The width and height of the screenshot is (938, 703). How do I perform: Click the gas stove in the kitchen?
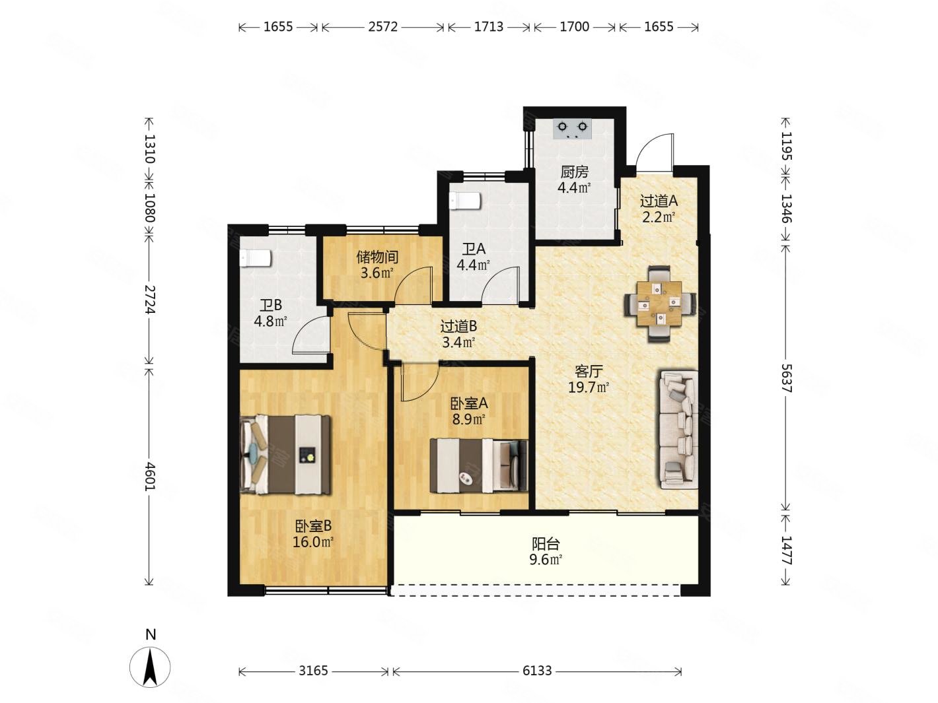[x=572, y=129]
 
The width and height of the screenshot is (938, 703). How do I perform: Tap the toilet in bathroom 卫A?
[x=465, y=201]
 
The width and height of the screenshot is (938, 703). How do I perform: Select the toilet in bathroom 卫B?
[x=256, y=258]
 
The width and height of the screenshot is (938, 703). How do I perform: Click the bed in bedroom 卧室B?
[x=285, y=455]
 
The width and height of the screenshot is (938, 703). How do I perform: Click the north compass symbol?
[x=150, y=665]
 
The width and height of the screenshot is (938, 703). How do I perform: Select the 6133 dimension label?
[x=537, y=671]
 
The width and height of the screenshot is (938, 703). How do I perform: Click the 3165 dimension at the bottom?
[x=313, y=671]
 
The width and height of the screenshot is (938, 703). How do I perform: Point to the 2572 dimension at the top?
[x=383, y=27]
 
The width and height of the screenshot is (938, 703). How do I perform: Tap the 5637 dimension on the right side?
[x=786, y=378]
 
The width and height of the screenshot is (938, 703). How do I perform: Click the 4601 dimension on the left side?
[x=150, y=475]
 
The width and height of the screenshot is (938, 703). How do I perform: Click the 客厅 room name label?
[x=589, y=372]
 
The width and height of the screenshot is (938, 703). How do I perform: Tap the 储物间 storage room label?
[x=377, y=257]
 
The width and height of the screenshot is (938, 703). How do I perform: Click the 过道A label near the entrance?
[x=659, y=201]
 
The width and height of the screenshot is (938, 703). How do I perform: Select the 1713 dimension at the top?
[x=489, y=27]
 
